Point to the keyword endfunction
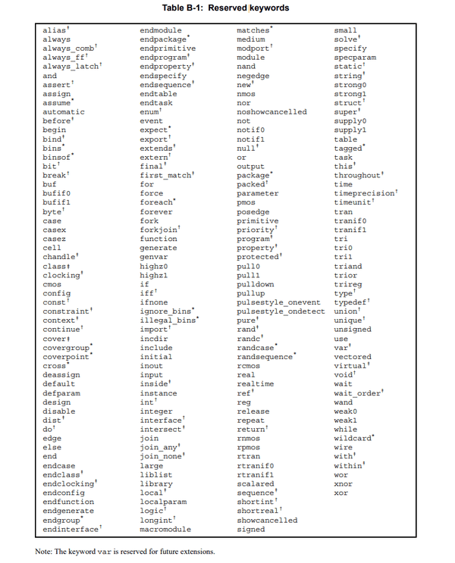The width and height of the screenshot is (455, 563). (x=68, y=502)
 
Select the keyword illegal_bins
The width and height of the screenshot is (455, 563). (x=168, y=321)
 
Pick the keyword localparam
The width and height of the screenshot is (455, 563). (x=164, y=502)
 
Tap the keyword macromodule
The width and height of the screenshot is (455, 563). (x=165, y=529)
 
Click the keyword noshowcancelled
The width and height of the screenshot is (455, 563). (x=271, y=112)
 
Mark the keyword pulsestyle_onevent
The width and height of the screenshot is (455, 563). (x=278, y=302)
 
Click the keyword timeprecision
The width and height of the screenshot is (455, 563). (x=365, y=194)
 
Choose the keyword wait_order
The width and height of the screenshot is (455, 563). (x=358, y=393)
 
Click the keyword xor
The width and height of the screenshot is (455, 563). (x=340, y=493)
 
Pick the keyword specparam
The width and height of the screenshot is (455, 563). (x=355, y=58)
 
